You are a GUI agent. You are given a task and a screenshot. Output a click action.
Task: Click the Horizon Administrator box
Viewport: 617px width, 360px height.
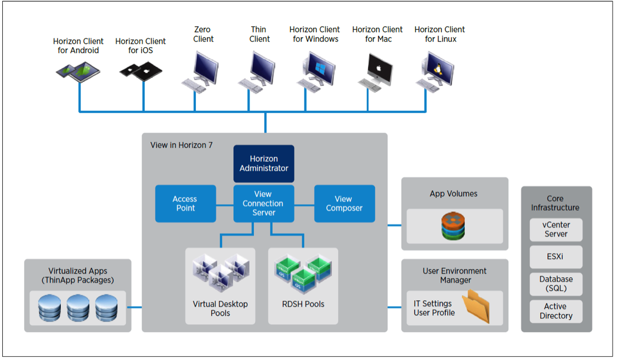[x=264, y=164]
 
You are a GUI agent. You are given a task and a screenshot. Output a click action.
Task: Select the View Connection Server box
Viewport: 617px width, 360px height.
[x=264, y=204]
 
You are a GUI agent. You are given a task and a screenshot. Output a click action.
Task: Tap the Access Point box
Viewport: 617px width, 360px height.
[x=185, y=204]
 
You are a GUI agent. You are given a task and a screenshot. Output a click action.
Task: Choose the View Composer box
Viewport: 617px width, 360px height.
[x=344, y=204]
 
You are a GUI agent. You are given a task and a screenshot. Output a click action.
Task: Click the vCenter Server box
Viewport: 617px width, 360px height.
[x=556, y=229]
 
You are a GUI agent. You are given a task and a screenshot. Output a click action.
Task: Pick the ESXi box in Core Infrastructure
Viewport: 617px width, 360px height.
[x=556, y=256]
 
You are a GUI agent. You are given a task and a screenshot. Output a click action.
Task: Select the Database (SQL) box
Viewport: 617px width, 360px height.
[x=556, y=284]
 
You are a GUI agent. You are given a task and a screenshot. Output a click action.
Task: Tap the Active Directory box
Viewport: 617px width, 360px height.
[x=556, y=311]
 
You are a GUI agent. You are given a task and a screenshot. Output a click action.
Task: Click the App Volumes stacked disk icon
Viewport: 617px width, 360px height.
[x=455, y=226]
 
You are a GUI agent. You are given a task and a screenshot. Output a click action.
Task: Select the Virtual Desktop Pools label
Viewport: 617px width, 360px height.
[x=220, y=308]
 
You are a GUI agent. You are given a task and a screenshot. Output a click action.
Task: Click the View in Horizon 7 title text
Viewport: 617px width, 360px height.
[x=181, y=145]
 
